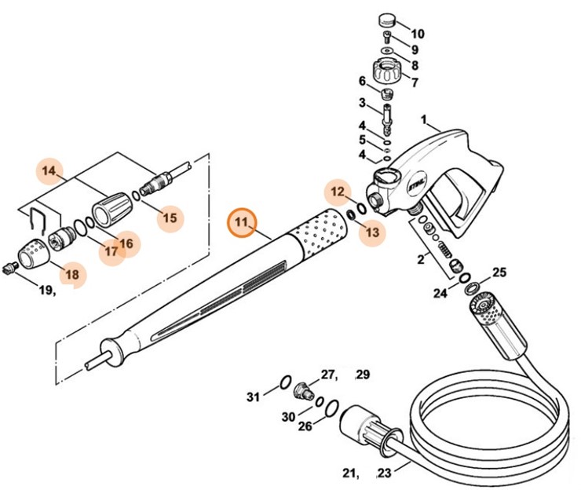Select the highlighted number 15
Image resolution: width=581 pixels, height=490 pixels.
pos(170,218)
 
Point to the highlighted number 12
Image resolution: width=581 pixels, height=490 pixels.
pos(338,191)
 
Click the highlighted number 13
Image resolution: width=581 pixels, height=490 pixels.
pos(372,232)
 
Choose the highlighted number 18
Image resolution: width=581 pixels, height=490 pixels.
pos(72,274)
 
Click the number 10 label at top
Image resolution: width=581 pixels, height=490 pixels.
pos(417,34)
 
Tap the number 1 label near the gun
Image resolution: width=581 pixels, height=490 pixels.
pos(424,121)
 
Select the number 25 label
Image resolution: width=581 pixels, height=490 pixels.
pos(499,272)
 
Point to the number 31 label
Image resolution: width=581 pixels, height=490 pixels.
pos(253,397)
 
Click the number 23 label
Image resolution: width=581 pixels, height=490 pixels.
pos(384,473)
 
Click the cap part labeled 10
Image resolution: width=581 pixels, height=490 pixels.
pos(386,20)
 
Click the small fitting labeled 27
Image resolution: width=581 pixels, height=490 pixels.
pos(302,389)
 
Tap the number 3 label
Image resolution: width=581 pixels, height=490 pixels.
pos(362,102)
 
